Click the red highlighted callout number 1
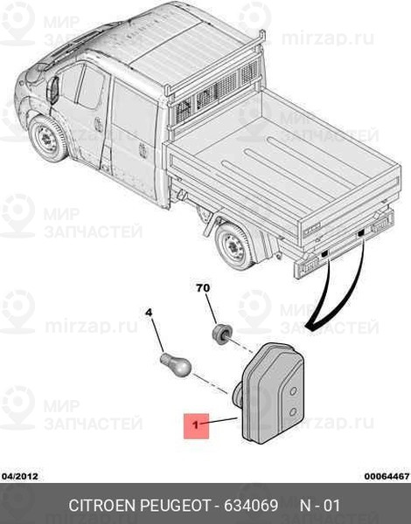pos(196,426)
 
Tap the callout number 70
pos(203,288)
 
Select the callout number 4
pos(149,313)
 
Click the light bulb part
pos(176,365)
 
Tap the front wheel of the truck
pos(48,139)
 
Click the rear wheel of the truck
pos(235,246)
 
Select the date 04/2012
pos(19,476)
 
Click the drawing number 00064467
pos(387,476)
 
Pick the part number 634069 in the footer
pos(251,506)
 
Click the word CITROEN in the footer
pos(101,506)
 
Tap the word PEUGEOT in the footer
pos(175,506)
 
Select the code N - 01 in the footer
pos(320,506)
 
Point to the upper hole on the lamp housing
pos(293,391)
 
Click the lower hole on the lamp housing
pos(293,412)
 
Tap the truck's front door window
pos(91,86)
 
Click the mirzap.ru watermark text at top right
pos(328,38)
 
